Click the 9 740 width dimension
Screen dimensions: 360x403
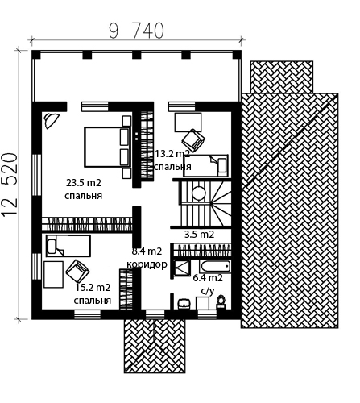tap(136, 31)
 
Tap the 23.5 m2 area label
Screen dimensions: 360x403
tap(84, 183)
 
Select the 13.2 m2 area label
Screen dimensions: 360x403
tap(172, 154)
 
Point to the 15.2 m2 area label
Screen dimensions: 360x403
tap(93, 288)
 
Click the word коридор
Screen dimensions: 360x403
tap(147, 264)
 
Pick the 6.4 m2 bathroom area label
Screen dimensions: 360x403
tap(208, 277)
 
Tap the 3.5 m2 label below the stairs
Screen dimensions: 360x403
tap(199, 235)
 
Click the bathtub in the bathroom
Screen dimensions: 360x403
tap(215, 266)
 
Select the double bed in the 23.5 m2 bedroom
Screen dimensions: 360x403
tap(107, 147)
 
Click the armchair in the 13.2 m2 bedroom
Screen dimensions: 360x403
tap(193, 140)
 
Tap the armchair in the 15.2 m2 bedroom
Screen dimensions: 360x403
tap(77, 272)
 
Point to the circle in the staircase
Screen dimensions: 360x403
tap(199, 193)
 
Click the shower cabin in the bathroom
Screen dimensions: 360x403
tap(181, 268)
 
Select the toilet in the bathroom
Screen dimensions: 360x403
tap(221, 301)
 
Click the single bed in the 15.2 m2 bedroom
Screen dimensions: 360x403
tap(68, 246)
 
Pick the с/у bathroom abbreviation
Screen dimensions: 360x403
tap(208, 291)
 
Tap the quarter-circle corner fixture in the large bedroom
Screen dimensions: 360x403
tap(51, 120)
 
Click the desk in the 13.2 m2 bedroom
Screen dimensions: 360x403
tap(188, 123)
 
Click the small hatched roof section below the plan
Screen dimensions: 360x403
tap(155, 346)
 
